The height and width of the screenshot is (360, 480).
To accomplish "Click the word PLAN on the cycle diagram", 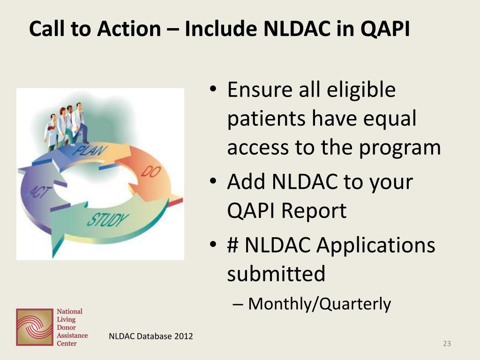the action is point(90,150).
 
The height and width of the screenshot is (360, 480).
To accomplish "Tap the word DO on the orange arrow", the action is point(151,172).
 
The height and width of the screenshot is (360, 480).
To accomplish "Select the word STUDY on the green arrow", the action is point(108,219).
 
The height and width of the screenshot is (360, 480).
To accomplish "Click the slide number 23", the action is point(447,344).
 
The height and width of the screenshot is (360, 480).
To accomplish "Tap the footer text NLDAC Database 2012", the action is point(151,336).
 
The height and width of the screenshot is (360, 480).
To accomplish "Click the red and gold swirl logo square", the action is point(35,327).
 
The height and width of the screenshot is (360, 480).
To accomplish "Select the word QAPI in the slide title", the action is point(385,29).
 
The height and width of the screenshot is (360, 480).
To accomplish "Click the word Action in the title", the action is point(129,29).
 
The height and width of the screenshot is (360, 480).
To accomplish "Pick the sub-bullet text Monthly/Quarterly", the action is point(320,304).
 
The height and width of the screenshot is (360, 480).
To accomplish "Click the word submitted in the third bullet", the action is point(276,273).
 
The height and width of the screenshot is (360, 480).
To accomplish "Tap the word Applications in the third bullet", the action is point(375,245).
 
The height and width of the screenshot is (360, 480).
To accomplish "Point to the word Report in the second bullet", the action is point(314,210).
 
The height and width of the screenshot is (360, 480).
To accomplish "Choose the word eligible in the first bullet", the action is point(361,90).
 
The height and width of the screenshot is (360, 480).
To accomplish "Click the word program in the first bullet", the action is point(400,148).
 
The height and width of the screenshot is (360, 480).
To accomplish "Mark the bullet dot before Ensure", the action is point(213,89).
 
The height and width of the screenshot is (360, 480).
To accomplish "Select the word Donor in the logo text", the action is point(66,327).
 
